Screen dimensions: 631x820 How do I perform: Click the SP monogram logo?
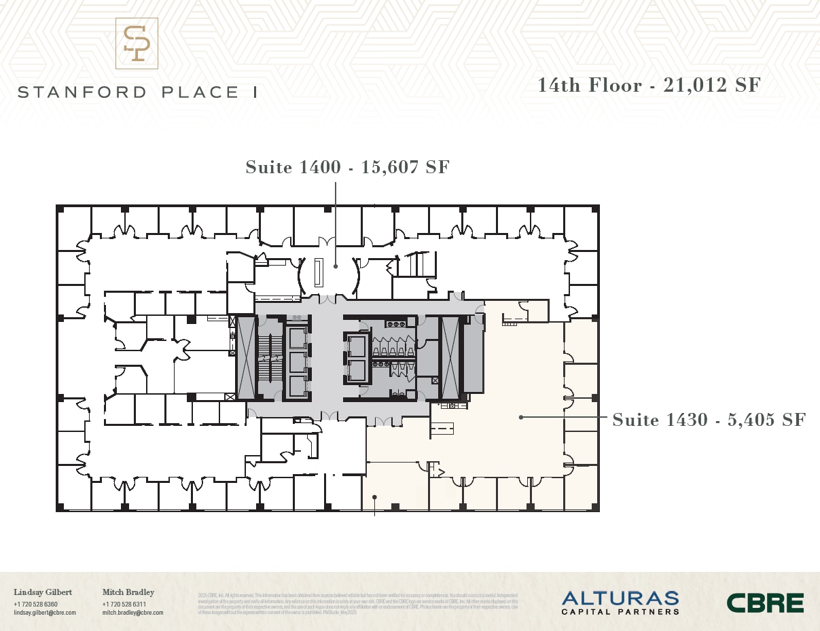(137, 43)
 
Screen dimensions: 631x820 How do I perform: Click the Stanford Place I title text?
(137, 92)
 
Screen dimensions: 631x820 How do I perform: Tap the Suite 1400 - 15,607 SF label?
(347, 167)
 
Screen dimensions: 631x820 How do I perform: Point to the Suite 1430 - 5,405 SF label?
(709, 420)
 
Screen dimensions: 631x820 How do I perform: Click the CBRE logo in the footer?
(765, 602)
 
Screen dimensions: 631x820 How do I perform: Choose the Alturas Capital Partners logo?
(620, 602)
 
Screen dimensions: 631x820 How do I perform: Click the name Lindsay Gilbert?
(43, 592)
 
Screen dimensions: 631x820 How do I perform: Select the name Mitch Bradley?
(128, 592)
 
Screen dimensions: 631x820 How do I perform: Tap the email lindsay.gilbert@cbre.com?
(45, 613)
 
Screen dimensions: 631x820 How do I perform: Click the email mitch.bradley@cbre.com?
(132, 613)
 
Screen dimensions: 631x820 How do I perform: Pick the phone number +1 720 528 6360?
(35, 604)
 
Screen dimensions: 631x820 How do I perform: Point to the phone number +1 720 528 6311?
(124, 604)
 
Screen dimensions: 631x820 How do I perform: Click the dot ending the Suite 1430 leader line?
(521, 417)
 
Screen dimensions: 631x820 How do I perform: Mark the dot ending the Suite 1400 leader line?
(336, 266)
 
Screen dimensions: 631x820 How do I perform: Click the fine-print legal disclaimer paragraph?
(357, 603)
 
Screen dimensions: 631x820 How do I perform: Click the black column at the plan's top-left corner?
(60, 209)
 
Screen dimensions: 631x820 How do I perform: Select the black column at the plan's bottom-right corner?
(595, 507)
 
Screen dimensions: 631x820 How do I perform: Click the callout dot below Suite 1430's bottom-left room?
(374, 497)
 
